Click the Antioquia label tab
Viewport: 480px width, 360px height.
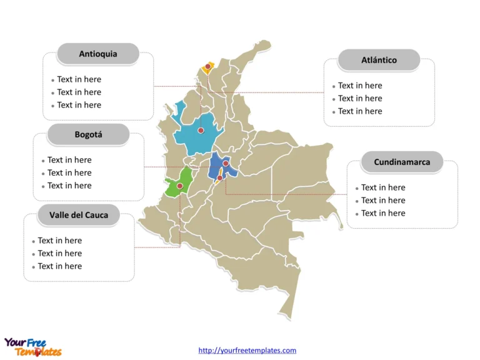click(97, 54)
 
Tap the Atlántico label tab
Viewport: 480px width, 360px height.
click(379, 61)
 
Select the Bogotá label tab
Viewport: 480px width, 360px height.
click(88, 134)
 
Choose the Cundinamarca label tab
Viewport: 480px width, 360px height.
click(402, 162)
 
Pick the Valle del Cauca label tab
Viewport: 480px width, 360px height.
click(79, 215)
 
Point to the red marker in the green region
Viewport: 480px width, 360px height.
click(180, 186)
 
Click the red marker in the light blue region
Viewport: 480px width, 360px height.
click(201, 131)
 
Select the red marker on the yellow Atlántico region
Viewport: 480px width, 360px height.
click(208, 66)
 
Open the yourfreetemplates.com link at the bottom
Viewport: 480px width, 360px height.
click(247, 351)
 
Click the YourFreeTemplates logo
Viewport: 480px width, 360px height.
click(32, 347)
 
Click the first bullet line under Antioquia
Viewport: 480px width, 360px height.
click(79, 79)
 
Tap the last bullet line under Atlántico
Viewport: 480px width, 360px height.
click(360, 111)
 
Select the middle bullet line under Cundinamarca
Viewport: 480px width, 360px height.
click(383, 200)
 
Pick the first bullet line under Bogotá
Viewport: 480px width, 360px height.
click(69, 160)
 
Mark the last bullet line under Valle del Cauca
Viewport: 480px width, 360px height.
click(59, 266)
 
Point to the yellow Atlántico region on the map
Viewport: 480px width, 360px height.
click(211, 68)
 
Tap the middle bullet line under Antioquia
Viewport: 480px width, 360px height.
click(79, 92)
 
